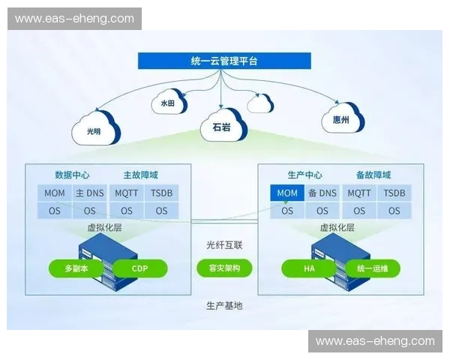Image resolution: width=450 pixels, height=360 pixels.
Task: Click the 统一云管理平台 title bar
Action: point(224,61)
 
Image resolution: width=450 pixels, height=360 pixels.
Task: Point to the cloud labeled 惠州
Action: point(341,118)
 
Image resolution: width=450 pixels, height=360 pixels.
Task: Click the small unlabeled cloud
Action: point(260,103)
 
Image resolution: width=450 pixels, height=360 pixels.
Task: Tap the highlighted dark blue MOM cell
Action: point(287,193)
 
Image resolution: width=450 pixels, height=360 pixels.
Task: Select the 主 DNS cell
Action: point(89,193)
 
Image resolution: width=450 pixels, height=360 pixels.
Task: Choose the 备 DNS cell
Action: point(322,193)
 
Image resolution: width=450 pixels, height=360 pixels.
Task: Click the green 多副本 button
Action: point(74,268)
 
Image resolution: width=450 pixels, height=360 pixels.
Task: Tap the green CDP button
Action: point(139,268)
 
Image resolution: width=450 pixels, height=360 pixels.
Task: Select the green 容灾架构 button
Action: point(224,268)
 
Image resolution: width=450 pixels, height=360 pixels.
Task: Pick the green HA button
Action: point(307,268)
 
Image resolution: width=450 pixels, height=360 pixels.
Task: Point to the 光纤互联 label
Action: point(224,244)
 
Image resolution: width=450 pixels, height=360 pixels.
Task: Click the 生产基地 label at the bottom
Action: point(224,306)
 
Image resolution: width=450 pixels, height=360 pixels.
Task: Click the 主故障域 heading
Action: point(140,175)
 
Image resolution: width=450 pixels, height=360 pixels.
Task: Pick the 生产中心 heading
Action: point(305,175)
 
